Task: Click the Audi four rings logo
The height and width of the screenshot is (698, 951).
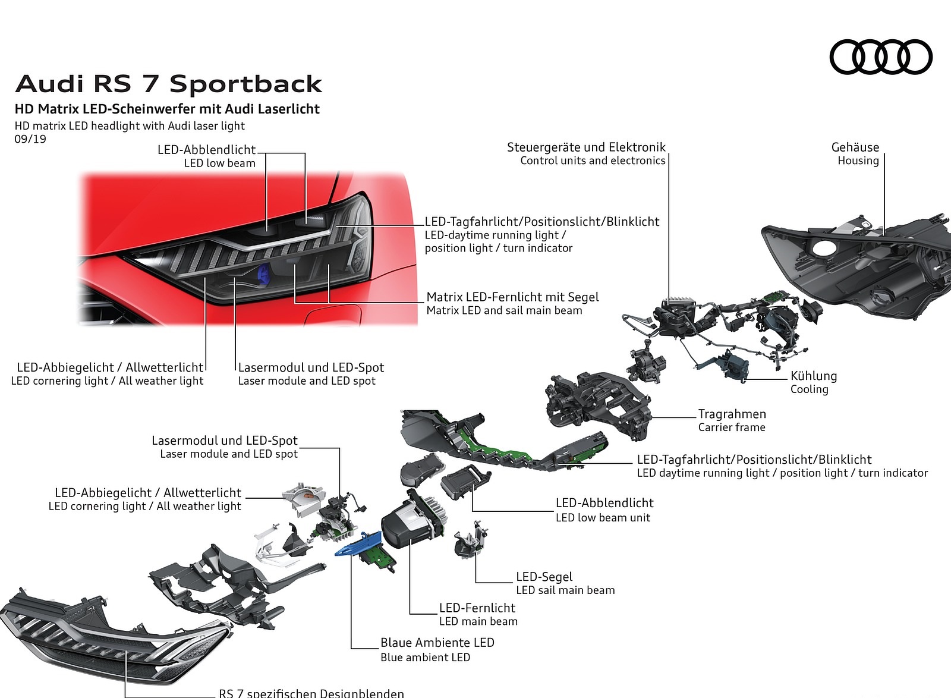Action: (880, 57)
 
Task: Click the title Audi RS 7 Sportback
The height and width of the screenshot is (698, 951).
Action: (169, 84)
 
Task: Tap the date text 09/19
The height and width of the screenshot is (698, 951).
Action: (30, 139)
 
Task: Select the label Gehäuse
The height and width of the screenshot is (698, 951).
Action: (855, 147)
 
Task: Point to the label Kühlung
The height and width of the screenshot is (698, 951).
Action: (813, 376)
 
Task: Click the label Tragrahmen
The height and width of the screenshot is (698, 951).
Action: (732, 414)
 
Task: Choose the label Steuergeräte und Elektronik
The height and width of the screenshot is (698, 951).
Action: (586, 147)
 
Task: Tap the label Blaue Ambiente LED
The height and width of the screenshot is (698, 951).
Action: (437, 642)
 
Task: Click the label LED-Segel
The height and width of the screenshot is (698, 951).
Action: (544, 576)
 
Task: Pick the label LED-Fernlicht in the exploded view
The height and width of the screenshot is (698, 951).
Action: (477, 608)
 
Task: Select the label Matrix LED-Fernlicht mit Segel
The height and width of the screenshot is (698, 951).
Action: (512, 297)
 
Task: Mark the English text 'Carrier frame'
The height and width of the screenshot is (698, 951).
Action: (732, 427)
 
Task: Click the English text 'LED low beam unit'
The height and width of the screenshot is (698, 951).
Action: (603, 517)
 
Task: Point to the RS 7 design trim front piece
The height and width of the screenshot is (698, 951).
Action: (113, 636)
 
